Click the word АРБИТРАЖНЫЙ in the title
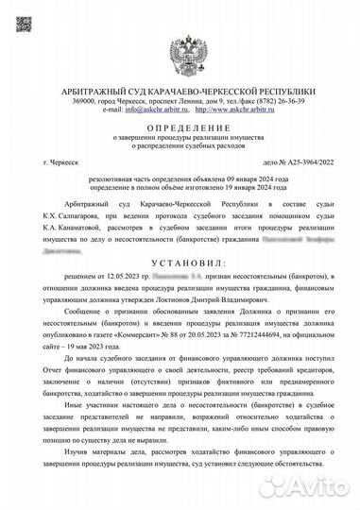point(109,89)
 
